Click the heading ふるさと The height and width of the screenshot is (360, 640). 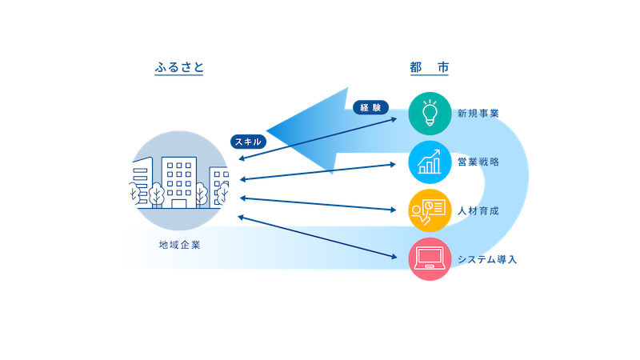click(x=179, y=68)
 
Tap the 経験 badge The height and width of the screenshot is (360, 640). click(x=370, y=106)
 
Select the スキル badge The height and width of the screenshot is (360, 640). click(x=248, y=141)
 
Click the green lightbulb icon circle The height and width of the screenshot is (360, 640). click(x=430, y=113)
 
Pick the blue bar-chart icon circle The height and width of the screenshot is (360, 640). click(x=430, y=162)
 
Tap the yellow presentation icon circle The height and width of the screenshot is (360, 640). click(x=430, y=210)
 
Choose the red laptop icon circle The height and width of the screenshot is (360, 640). click(x=430, y=259)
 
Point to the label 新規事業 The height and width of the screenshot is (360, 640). click(x=478, y=113)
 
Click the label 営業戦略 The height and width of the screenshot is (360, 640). click(x=478, y=162)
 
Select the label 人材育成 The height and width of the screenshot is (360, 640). click(x=478, y=210)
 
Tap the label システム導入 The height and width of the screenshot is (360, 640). click(x=488, y=259)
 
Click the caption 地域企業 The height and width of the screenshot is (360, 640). click(x=179, y=244)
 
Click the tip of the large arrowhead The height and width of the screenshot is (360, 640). click(x=267, y=130)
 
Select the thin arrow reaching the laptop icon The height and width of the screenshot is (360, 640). click(x=320, y=237)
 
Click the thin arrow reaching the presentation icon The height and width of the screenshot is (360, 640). click(x=320, y=204)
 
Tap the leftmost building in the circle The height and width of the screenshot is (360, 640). click(x=140, y=180)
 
